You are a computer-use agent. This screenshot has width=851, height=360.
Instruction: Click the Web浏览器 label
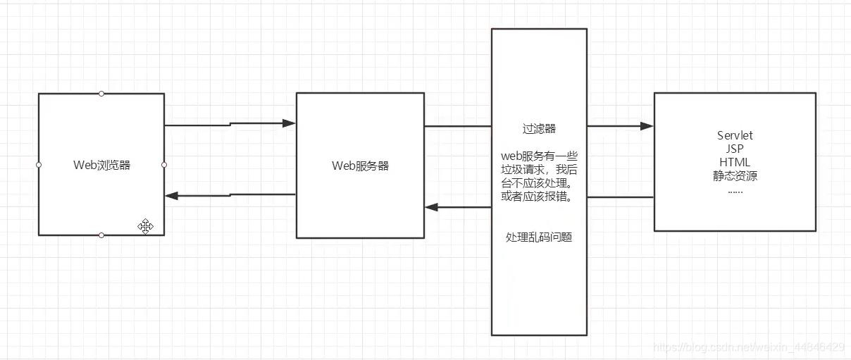101,166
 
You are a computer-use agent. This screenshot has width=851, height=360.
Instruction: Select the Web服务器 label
360,166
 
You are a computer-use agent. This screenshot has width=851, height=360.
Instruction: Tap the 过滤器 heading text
539,129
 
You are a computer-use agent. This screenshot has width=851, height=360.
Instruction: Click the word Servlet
735,135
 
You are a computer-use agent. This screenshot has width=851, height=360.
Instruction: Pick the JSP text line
735,149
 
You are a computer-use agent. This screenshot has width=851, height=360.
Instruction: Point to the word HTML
735,162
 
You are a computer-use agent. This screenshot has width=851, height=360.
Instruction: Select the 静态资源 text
735,176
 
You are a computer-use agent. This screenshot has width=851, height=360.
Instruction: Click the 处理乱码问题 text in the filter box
539,237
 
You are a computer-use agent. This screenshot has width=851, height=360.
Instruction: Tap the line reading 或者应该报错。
539,197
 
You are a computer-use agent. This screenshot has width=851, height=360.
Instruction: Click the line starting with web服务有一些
539,156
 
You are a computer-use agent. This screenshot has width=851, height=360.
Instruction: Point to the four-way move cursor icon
146,226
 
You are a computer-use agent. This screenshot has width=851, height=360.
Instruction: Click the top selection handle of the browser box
101,93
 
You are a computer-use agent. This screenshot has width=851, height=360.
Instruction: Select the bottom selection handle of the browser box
101,235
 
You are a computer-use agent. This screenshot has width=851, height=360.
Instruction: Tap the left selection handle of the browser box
39,165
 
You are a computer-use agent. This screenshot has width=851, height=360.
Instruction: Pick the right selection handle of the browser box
164,165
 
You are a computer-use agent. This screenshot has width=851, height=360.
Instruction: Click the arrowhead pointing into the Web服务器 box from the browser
289,123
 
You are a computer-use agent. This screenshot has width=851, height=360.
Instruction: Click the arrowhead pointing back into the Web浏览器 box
172,196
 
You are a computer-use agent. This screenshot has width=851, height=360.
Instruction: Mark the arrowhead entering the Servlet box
647,126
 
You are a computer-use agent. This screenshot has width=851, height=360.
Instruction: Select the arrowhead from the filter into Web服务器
432,207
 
